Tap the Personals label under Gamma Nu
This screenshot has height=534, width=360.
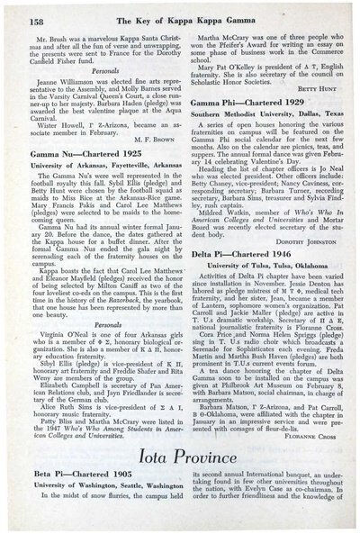tap(93, 333)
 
